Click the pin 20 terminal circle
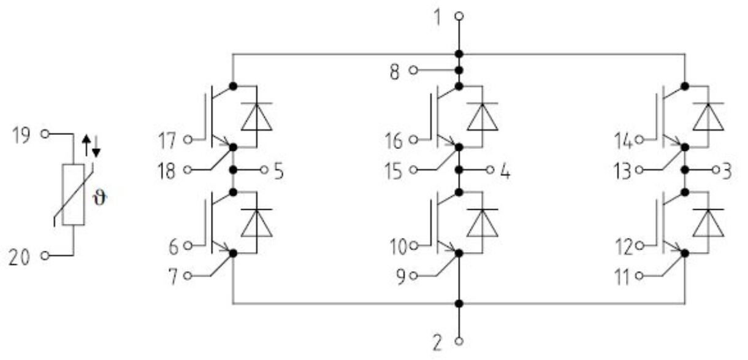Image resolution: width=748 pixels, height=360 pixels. (44, 255)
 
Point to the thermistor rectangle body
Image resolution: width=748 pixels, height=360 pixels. (73, 194)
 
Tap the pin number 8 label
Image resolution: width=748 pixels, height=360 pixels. (395, 71)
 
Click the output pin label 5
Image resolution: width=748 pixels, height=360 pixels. (278, 170)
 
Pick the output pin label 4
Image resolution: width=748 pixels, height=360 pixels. (505, 170)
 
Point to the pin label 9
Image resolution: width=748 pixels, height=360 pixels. (400, 276)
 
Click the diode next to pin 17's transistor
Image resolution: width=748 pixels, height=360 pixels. (256, 117)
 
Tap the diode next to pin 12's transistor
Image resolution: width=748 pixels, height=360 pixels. (708, 223)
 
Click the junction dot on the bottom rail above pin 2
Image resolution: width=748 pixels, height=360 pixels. (459, 303)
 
